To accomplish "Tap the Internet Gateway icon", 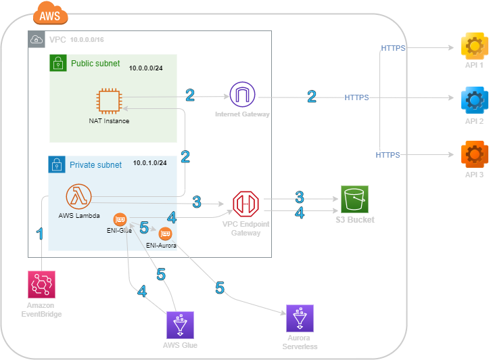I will [x=242, y=95].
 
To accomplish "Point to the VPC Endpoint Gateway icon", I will [x=246, y=204].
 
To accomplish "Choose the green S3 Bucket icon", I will [x=355, y=200].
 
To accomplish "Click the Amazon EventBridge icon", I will [x=41, y=284].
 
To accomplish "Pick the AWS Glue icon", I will [x=180, y=325].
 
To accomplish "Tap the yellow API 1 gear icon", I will [x=473, y=46].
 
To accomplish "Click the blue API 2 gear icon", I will [x=473, y=99].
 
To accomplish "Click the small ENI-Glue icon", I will [x=120, y=219].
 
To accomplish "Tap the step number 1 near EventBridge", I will [x=40, y=234].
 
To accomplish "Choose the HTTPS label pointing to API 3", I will [x=388, y=155].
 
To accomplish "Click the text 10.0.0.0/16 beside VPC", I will [x=87, y=40].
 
